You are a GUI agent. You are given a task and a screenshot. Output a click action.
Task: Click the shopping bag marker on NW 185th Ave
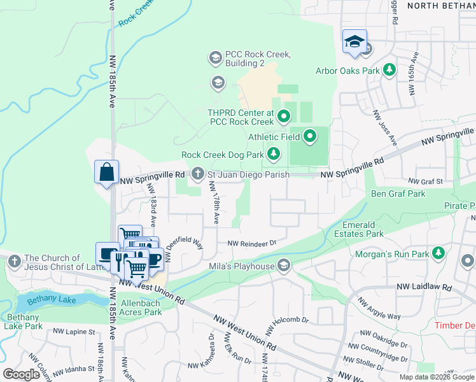[106, 173]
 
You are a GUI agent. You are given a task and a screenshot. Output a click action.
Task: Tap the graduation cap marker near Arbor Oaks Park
[354, 43]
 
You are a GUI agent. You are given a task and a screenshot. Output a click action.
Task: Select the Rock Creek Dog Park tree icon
[274, 153]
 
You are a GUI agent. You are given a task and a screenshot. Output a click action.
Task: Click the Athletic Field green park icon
[310, 135]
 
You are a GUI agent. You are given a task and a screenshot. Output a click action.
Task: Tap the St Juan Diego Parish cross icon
[198, 173]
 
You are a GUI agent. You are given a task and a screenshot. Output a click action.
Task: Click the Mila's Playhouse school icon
[284, 265]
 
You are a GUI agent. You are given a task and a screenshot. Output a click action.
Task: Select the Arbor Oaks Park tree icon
[388, 69]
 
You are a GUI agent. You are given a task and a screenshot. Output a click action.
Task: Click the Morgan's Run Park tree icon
[438, 254]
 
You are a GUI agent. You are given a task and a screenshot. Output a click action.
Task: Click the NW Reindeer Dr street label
[252, 243]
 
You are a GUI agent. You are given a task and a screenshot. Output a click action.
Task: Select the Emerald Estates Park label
[363, 229]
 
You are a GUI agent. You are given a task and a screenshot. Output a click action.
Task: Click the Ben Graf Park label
[398, 194]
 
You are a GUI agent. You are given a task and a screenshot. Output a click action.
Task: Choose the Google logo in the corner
[22, 374]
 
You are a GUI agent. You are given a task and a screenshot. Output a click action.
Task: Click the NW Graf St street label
[425, 181]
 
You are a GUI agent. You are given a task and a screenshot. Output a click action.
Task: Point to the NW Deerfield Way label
[184, 247]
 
